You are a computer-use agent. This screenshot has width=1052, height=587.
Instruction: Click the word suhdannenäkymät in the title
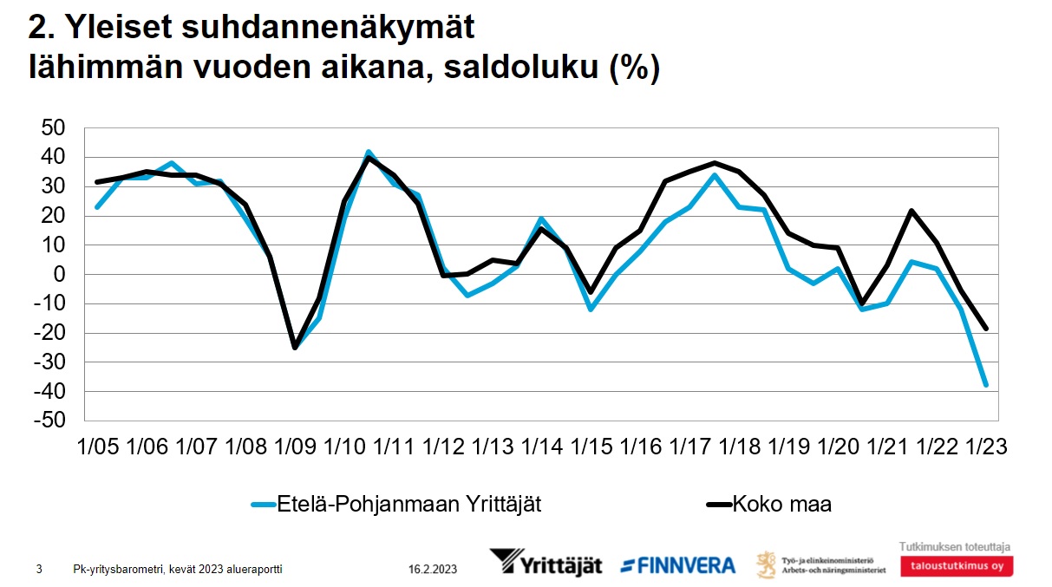click(x=329, y=28)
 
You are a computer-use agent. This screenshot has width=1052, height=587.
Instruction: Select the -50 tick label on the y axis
click(x=49, y=421)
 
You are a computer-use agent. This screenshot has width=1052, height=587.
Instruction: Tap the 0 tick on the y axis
click(x=60, y=274)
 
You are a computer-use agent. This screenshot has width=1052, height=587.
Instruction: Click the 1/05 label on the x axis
click(x=98, y=447)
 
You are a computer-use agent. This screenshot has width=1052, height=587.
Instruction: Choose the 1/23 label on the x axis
click(x=986, y=447)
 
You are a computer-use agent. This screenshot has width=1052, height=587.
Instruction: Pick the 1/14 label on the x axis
click(x=542, y=447)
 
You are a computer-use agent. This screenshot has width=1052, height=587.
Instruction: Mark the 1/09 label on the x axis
click(x=295, y=447)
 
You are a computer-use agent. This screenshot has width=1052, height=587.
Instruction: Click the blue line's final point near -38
click(x=986, y=385)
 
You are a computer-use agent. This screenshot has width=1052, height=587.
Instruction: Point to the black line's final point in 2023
click(x=986, y=329)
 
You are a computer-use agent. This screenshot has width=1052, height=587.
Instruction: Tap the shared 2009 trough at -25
click(x=295, y=347)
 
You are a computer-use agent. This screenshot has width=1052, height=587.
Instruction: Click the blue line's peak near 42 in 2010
click(x=369, y=152)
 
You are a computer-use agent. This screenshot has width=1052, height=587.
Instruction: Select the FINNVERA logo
click(x=677, y=565)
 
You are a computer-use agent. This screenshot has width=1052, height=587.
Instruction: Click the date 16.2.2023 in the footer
click(x=433, y=570)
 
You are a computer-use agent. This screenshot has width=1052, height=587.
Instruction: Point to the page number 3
click(x=39, y=570)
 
